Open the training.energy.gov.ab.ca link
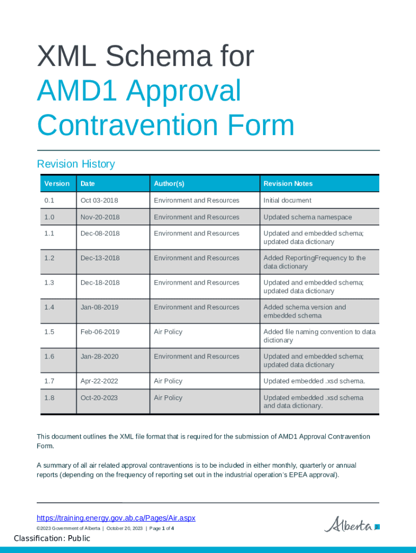(x=116, y=518)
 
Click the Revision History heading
(x=76, y=164)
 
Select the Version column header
(x=57, y=184)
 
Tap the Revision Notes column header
(x=288, y=184)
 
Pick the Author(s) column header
(x=169, y=184)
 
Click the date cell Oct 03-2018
(x=99, y=200)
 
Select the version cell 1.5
(x=49, y=332)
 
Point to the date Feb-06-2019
(x=100, y=332)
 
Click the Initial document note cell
(x=287, y=200)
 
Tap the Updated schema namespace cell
(x=307, y=217)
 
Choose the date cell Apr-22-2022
(x=100, y=381)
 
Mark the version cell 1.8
(x=49, y=397)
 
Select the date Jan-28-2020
(x=100, y=356)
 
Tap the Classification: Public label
(x=52, y=538)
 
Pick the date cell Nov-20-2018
(x=100, y=217)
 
